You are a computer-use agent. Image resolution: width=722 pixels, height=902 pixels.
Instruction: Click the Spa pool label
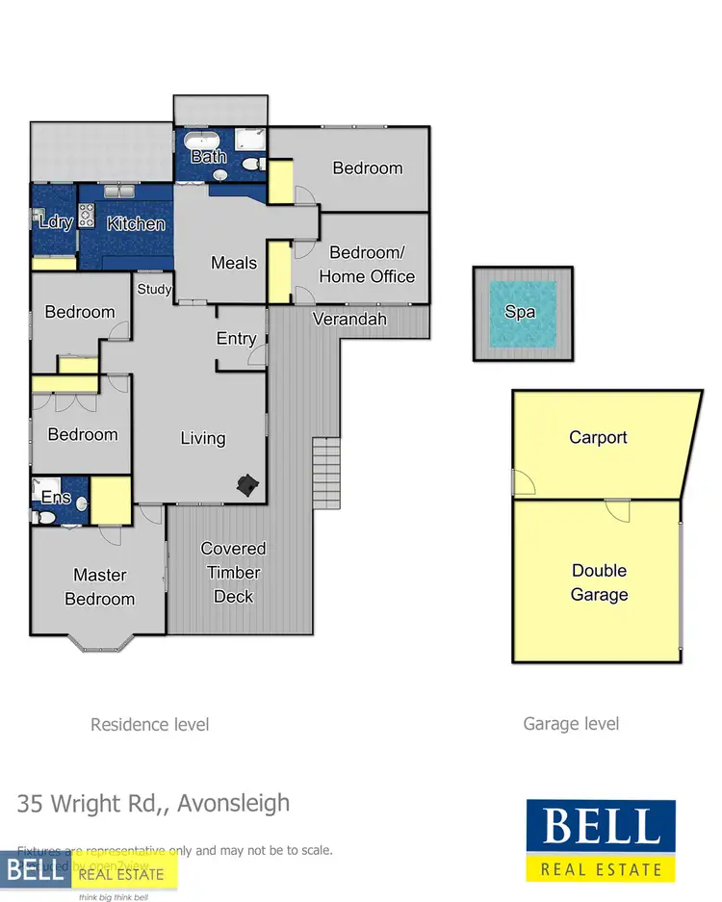(520, 313)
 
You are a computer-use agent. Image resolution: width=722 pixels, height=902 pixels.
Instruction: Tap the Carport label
(598, 437)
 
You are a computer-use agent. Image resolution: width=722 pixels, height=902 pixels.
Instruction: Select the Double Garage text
(599, 582)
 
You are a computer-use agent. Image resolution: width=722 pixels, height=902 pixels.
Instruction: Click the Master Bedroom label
(100, 586)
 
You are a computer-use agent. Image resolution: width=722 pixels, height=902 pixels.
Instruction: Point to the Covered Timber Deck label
(233, 572)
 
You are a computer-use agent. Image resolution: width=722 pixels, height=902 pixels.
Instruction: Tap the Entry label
(236, 339)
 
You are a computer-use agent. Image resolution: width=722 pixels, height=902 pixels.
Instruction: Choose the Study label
(154, 289)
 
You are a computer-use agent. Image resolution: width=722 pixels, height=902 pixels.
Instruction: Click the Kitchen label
(136, 223)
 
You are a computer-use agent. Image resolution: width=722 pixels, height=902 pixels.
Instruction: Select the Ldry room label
(56, 222)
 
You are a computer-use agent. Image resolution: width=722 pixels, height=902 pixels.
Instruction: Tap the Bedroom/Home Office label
(367, 265)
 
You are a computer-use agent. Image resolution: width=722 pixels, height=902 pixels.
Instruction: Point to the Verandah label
(349, 319)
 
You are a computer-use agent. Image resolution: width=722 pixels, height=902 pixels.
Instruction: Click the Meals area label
(234, 263)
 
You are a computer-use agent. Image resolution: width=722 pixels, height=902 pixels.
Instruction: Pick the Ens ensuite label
(55, 498)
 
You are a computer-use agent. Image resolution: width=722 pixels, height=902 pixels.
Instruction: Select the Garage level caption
(571, 724)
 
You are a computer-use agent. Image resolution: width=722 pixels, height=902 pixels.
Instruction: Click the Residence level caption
(149, 724)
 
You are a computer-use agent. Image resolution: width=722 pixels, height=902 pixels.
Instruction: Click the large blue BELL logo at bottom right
(601, 839)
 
